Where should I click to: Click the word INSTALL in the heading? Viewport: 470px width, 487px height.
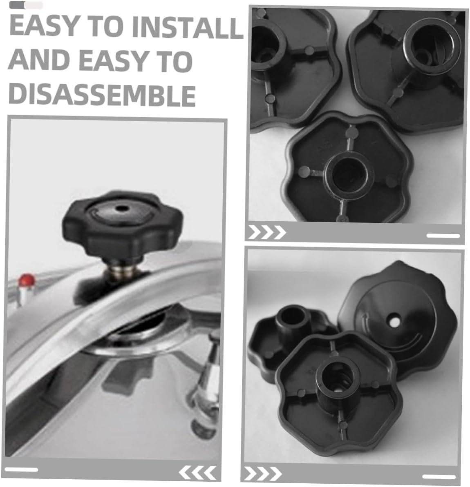coord(187,27)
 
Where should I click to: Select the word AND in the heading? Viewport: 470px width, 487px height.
coord(39,60)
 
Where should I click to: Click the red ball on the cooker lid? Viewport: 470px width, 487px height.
coord(27,280)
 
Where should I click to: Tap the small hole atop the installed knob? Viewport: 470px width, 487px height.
coord(121,209)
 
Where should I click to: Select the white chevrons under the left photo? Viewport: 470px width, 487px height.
coord(197,472)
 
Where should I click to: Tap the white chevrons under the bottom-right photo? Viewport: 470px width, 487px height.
coord(263,474)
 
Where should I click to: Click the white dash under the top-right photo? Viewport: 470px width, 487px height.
coord(443,236)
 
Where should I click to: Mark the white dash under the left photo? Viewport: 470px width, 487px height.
coord(21,469)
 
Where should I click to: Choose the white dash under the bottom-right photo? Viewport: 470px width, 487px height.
coord(439,477)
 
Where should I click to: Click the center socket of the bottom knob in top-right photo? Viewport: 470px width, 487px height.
coord(349,176)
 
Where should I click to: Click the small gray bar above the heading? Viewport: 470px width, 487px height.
coord(26,5)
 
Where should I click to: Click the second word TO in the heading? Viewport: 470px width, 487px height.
coord(175,61)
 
